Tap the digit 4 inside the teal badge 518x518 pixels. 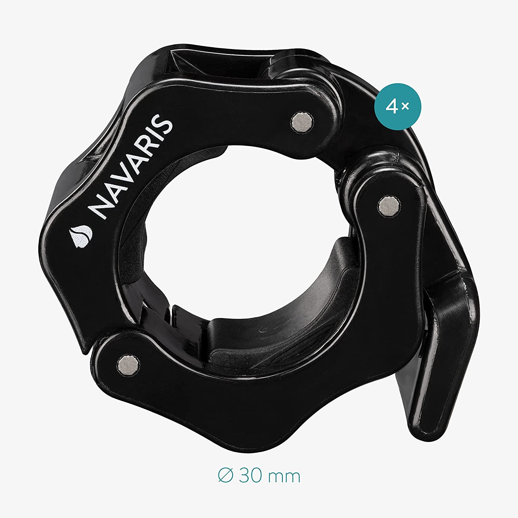(x=392, y=107)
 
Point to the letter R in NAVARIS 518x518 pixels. (x=147, y=148)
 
